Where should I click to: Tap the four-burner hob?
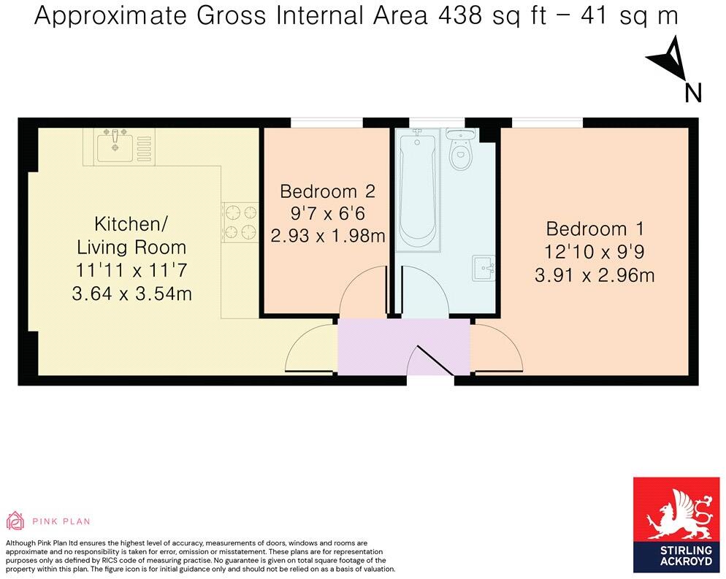240,223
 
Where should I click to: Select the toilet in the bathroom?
459,152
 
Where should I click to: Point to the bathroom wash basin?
484,267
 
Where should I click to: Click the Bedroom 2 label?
327,191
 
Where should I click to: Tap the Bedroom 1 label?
595,229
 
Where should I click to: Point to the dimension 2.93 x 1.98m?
327,236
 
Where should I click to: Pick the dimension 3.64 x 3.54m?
131,294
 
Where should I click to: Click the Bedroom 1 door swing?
498,349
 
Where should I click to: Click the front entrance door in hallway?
431,360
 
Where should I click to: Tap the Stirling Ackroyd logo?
676,526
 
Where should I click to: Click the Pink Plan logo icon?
15,521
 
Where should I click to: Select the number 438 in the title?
456,16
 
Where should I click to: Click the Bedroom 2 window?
326,123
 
